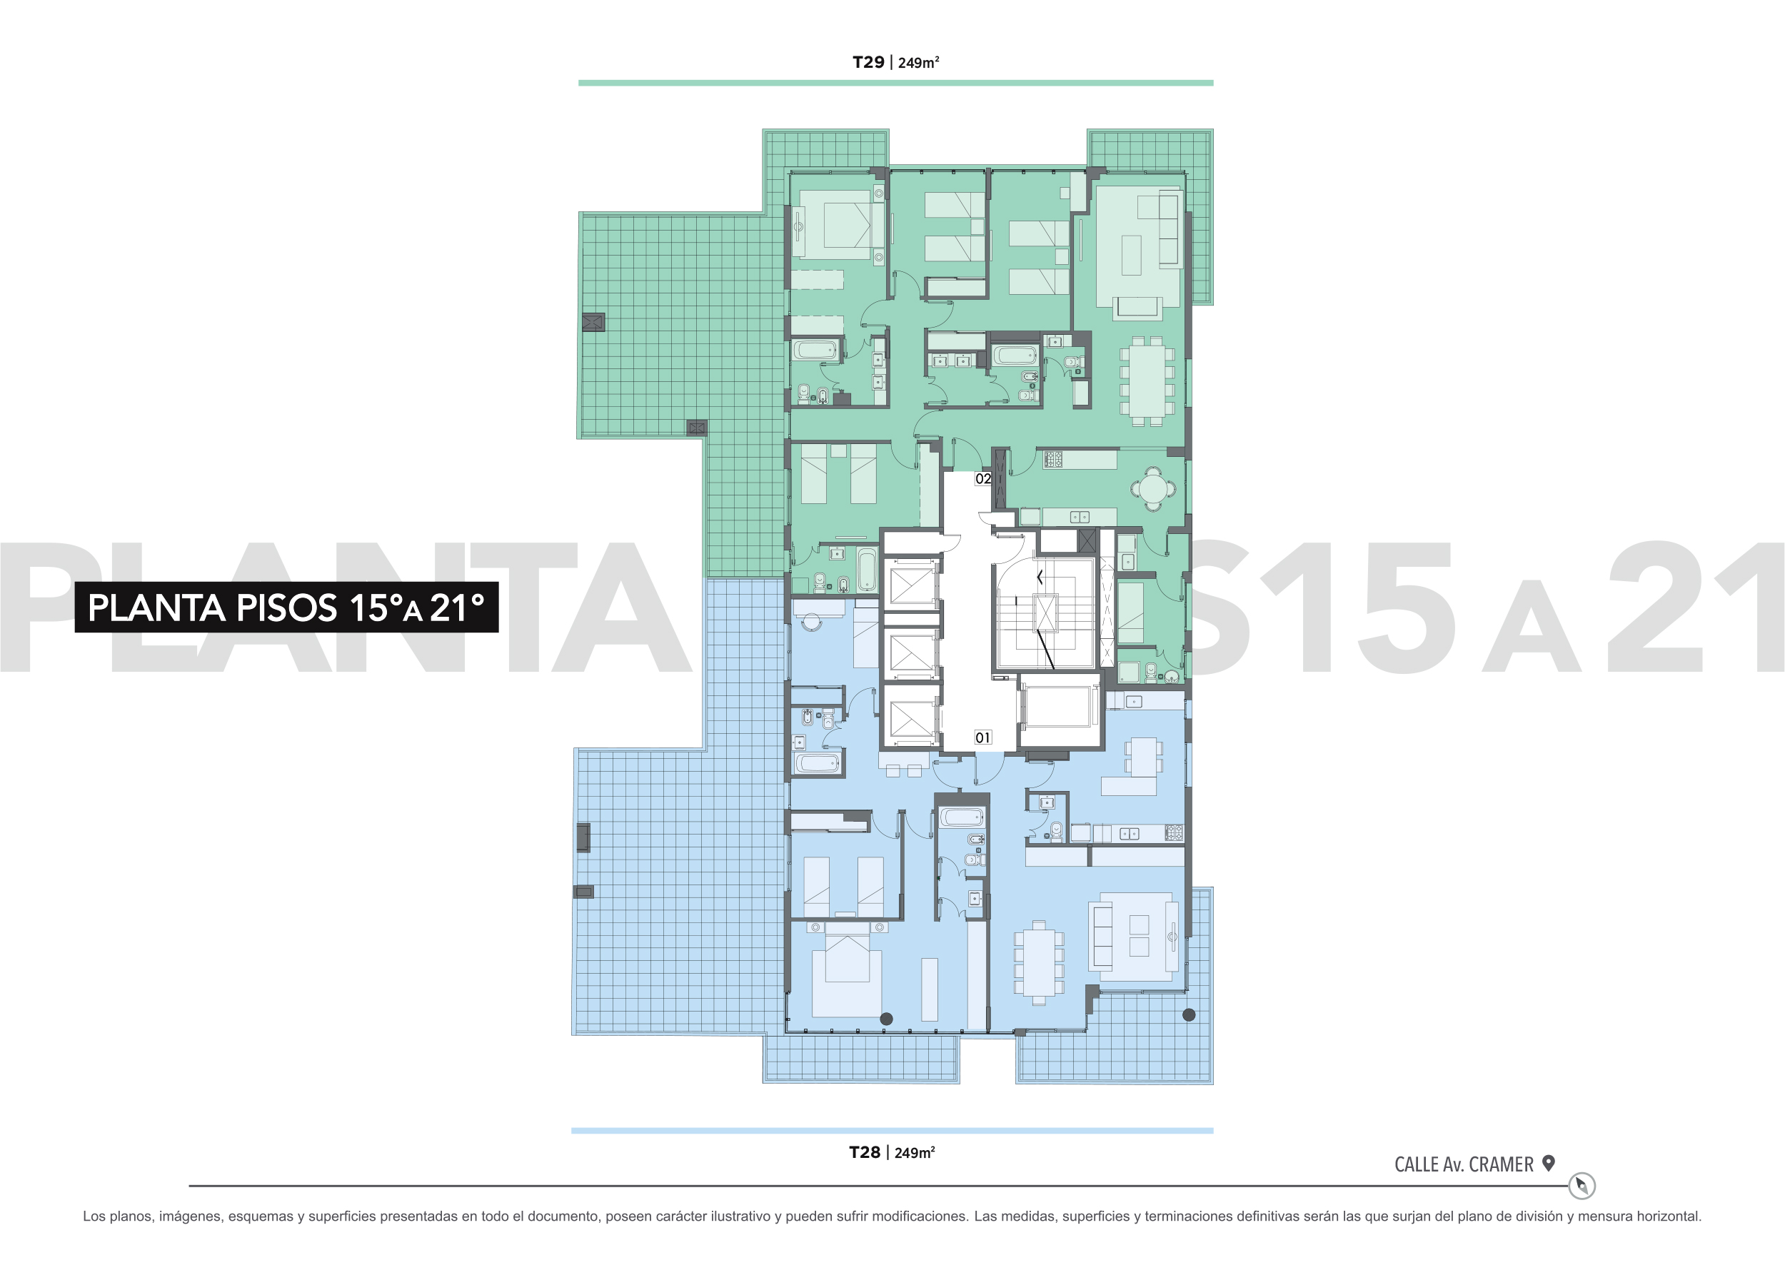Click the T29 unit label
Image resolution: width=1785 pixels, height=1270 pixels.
click(868, 63)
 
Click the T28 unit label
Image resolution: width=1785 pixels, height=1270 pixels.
click(865, 1152)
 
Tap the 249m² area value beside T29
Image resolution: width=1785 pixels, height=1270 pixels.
click(918, 63)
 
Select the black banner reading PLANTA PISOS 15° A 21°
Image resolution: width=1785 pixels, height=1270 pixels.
click(286, 607)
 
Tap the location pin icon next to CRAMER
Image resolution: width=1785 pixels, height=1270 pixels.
click(1548, 1163)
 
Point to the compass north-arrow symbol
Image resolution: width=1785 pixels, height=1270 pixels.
click(1582, 1186)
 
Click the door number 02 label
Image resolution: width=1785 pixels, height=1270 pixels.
click(983, 478)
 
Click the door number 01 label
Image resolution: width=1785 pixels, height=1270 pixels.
click(983, 737)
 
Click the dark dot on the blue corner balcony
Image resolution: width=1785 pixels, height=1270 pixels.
click(1189, 1015)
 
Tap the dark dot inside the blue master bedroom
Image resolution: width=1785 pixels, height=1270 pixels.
click(886, 1019)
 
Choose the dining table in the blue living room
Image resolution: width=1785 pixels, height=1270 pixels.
click(1039, 962)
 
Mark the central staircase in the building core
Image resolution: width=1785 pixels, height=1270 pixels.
click(1045, 613)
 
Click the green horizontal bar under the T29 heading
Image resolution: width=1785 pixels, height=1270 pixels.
click(895, 83)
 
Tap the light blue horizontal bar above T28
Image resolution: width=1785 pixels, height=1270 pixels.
click(892, 1131)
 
